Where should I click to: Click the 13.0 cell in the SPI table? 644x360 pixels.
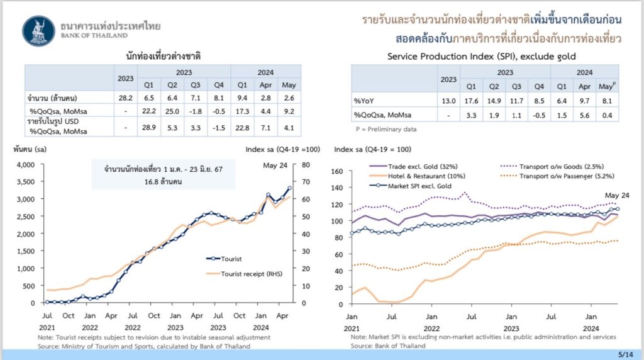(448, 100)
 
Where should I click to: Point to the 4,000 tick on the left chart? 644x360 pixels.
(25, 165)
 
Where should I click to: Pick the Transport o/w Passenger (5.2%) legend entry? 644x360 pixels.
(563, 176)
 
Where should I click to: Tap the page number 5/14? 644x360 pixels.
(626, 354)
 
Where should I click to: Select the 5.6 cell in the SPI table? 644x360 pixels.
(584, 114)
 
